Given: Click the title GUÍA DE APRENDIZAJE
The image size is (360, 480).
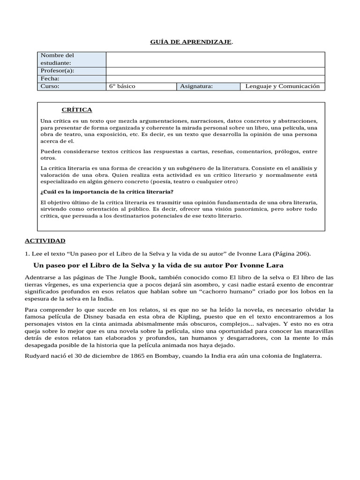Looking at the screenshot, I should click(x=191, y=43).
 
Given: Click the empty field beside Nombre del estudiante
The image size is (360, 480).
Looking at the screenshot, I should click(x=215, y=60).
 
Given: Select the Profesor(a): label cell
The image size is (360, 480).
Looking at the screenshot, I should click(x=71, y=71).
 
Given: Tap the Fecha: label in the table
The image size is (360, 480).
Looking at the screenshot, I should click(x=71, y=79).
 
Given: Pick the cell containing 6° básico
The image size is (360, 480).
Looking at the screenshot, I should click(x=141, y=86).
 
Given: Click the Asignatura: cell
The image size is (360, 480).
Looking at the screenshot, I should click(x=209, y=86).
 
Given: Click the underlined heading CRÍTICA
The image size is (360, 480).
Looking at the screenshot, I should click(x=77, y=110).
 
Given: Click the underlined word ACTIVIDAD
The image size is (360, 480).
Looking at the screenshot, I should click(x=45, y=241).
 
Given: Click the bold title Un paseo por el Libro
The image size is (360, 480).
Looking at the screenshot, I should click(x=158, y=265).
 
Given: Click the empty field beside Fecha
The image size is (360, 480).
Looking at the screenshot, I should click(x=215, y=79).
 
